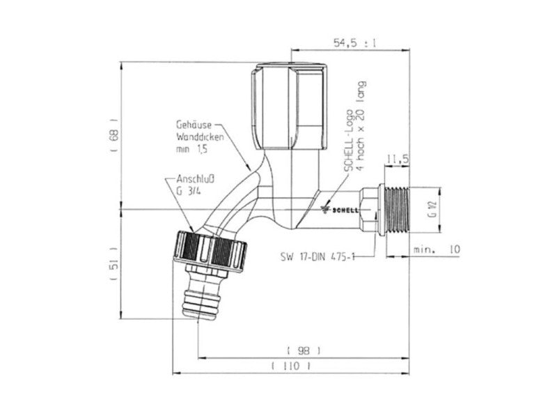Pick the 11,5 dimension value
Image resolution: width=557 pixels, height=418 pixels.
(x=397, y=160)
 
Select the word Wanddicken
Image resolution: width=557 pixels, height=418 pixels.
(x=192, y=137)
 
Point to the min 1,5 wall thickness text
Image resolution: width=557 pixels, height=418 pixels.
(x=193, y=148)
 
